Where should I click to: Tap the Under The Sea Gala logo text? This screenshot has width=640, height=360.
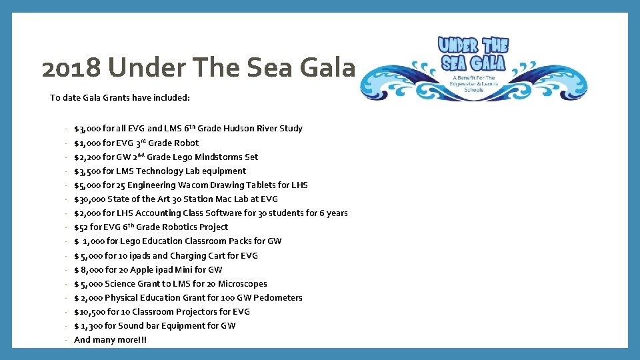point(473,54)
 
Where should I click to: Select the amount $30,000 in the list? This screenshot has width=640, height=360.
point(88,199)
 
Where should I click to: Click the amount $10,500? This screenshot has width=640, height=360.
point(87,311)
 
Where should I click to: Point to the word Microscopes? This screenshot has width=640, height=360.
point(242,283)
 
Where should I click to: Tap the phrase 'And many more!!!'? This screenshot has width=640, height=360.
point(111,339)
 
